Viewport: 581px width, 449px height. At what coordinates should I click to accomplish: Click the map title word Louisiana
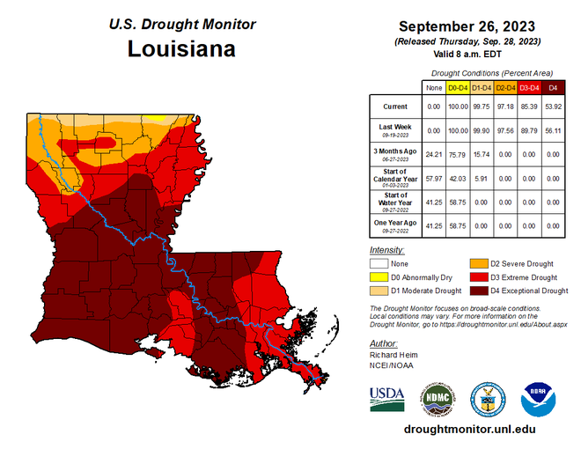tap(181, 48)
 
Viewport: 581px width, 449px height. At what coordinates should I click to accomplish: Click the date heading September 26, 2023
tap(468, 26)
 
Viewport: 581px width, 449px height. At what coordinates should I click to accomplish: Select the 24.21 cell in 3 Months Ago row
tap(433, 155)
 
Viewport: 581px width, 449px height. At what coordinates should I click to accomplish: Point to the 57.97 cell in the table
tap(433, 180)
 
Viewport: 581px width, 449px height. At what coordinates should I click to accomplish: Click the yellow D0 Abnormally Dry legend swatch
tap(379, 276)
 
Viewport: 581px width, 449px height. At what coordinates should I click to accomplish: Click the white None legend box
tap(379, 263)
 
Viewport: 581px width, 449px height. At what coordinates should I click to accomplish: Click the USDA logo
tap(388, 399)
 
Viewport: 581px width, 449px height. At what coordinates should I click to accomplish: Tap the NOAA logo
tap(539, 399)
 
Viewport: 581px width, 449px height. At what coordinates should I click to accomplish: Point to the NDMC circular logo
tap(438, 399)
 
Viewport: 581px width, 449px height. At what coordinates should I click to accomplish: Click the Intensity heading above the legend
tap(388, 250)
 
